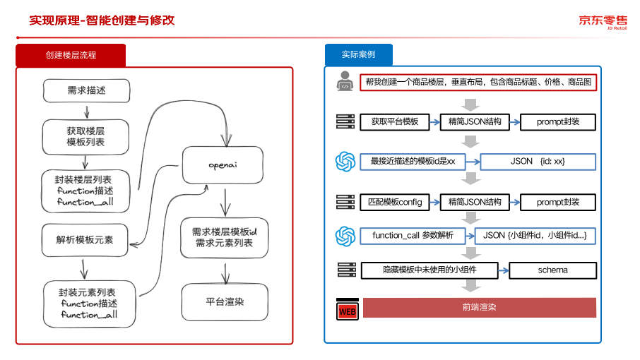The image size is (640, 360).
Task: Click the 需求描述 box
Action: click(x=86, y=90)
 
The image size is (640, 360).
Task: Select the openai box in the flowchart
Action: click(x=223, y=165)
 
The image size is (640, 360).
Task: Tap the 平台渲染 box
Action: click(x=225, y=302)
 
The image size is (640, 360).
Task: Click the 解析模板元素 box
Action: click(x=85, y=240)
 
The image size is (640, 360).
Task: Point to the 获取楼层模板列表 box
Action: click(x=85, y=136)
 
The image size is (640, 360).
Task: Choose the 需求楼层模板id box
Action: click(x=225, y=238)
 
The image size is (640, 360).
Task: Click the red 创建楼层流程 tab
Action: click(x=71, y=55)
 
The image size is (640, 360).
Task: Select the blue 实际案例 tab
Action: click(x=358, y=54)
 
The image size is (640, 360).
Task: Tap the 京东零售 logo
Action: click(x=603, y=22)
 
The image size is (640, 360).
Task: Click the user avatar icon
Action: click(x=345, y=81)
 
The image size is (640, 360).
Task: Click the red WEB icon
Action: click(x=348, y=309)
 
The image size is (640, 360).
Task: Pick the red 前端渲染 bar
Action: click(x=479, y=307)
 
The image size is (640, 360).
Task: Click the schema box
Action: click(x=552, y=270)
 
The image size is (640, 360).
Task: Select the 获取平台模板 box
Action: click(x=395, y=122)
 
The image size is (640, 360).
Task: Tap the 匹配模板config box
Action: click(x=395, y=202)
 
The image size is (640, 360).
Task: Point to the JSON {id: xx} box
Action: click(x=538, y=162)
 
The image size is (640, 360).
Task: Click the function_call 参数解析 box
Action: click(x=413, y=236)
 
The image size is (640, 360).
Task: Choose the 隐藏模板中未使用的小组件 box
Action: click(x=429, y=270)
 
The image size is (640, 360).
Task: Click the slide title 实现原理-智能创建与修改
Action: click(x=102, y=20)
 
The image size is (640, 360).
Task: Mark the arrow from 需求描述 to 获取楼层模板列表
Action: click(x=86, y=112)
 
